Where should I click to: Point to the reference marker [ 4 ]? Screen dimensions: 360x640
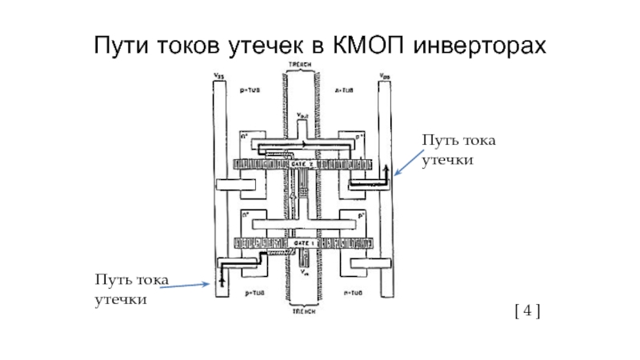tap(527, 308)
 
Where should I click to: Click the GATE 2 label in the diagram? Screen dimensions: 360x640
tap(305, 164)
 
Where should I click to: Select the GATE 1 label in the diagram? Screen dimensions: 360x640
tap(305, 242)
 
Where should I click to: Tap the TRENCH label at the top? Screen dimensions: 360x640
tap(303, 65)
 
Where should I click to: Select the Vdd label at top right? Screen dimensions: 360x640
tap(386, 76)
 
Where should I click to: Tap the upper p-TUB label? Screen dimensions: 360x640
tap(250, 91)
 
